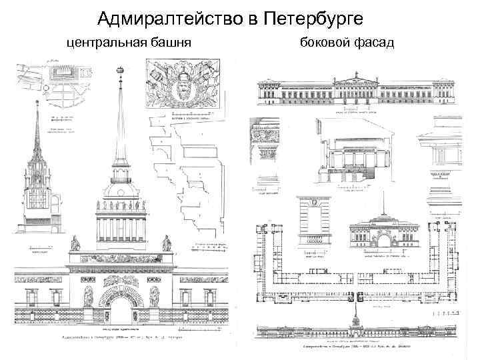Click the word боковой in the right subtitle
[326, 43]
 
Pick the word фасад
[375, 43]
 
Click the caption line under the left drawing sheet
[120, 339]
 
